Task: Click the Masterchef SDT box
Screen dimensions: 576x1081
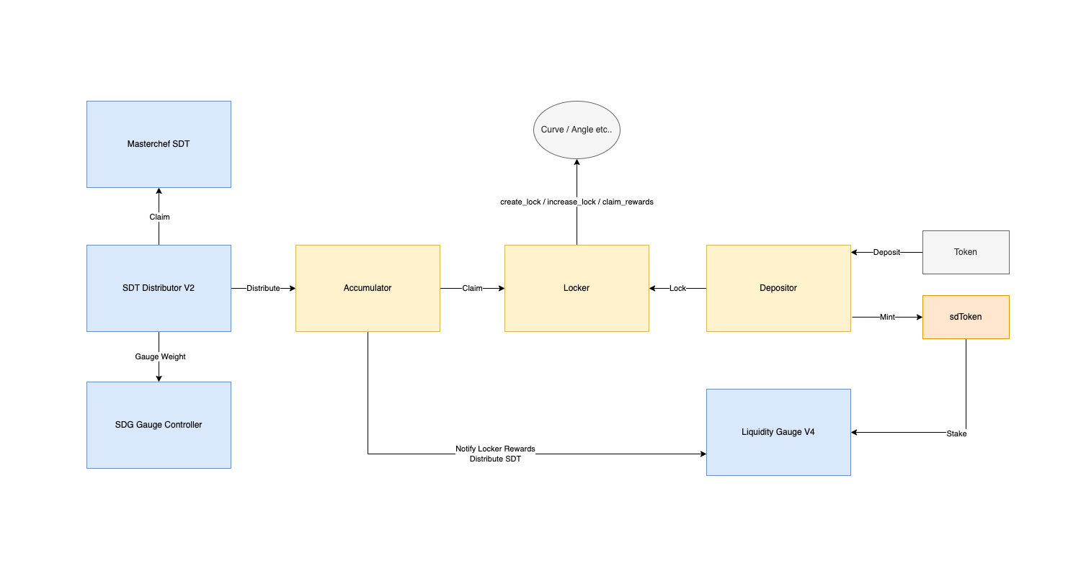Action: [159, 144]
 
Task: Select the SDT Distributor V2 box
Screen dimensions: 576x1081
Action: [159, 288]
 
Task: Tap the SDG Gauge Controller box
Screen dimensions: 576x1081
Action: [159, 425]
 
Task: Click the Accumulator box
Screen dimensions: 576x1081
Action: [368, 288]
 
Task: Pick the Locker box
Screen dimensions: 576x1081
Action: [577, 288]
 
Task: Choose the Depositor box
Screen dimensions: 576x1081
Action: [778, 288]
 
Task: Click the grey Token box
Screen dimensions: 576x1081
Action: [966, 252]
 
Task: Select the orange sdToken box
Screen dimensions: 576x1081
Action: [966, 317]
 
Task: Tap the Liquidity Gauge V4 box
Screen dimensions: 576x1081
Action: [778, 432]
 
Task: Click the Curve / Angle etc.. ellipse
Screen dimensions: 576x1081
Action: [577, 130]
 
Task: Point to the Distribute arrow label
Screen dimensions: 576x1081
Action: [263, 288]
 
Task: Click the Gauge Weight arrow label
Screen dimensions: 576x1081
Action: [160, 356]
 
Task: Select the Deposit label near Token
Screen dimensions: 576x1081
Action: [886, 252]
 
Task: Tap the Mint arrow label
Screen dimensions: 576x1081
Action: [887, 317]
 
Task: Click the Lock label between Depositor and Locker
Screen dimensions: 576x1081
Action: [677, 288]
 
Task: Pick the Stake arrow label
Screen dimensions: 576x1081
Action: [956, 433]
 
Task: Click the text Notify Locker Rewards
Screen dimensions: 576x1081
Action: [495, 449]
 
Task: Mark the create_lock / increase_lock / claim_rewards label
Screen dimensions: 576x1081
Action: [577, 202]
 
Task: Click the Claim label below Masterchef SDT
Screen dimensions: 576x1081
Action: [159, 217]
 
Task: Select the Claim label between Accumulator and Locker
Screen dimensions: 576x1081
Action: [472, 288]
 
